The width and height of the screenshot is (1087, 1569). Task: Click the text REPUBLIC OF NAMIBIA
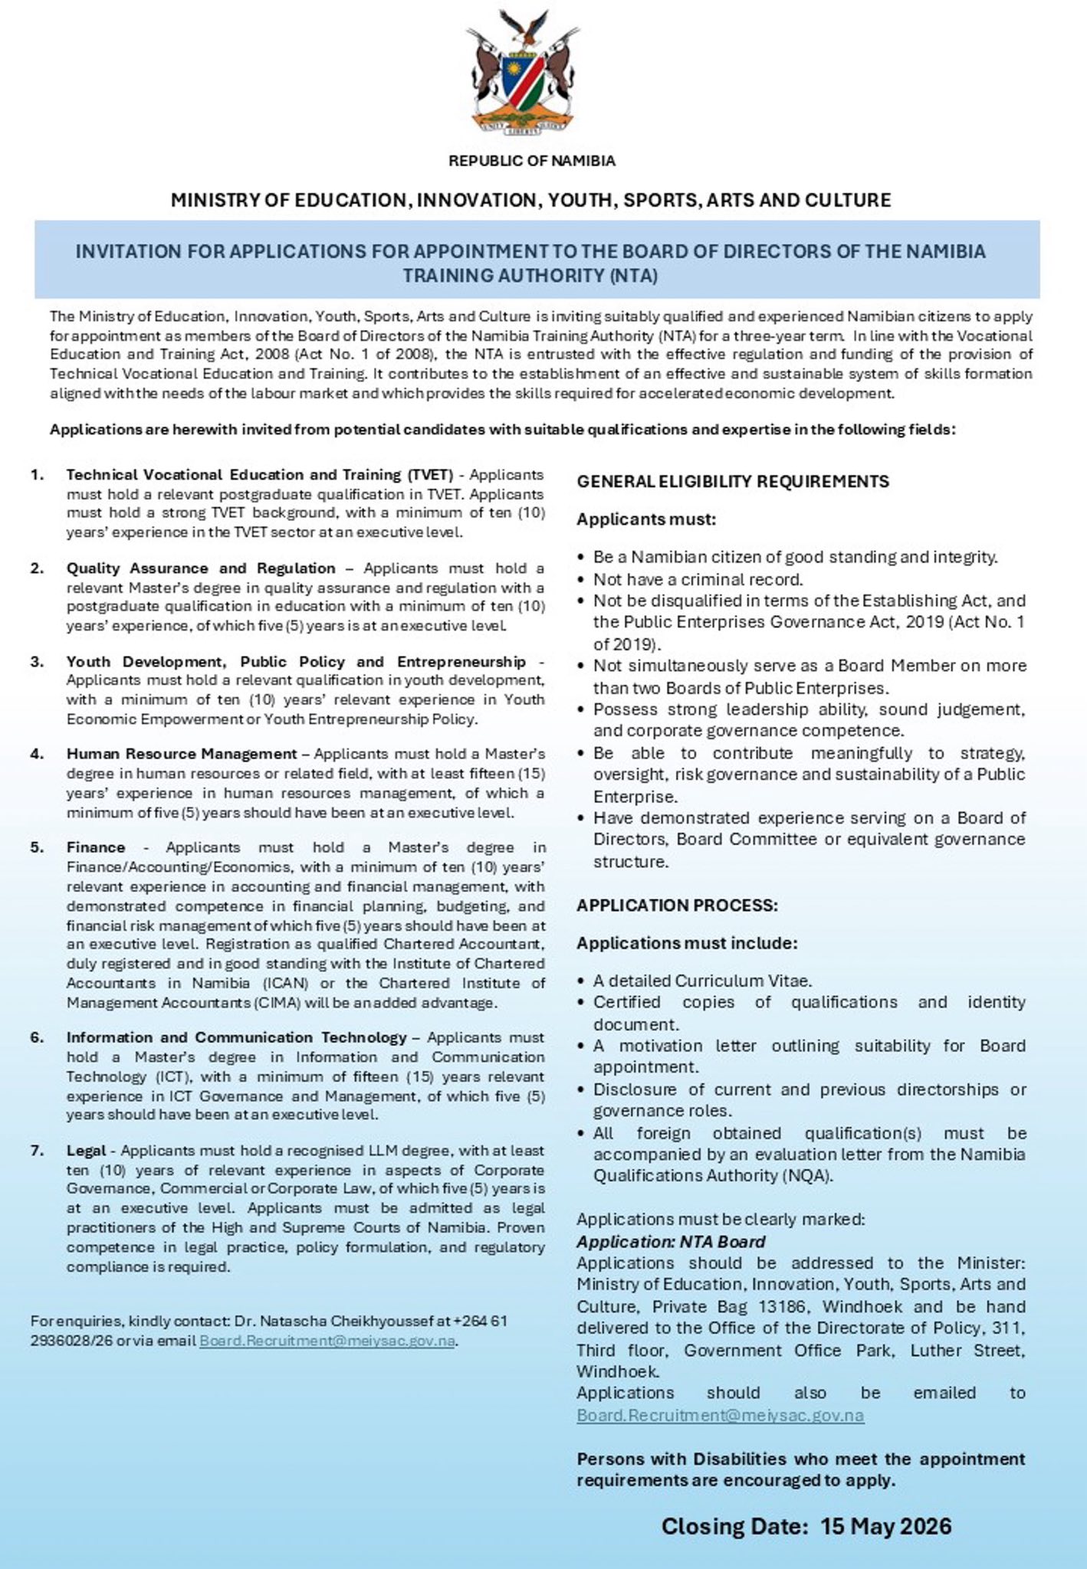(x=531, y=161)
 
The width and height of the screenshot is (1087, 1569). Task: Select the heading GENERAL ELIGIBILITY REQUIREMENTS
(x=733, y=481)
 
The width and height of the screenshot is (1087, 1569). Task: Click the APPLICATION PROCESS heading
(x=677, y=905)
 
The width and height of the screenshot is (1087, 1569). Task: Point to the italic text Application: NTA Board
(x=671, y=1241)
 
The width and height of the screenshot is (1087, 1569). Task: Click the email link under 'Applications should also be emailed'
(x=721, y=1415)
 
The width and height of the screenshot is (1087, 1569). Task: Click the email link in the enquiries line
(x=327, y=1341)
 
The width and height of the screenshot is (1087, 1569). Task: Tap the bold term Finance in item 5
(x=96, y=847)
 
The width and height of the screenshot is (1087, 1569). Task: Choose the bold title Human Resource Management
(x=182, y=754)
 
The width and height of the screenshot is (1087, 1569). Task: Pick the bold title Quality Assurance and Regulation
(x=201, y=568)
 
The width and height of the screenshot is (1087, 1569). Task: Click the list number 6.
(x=37, y=1037)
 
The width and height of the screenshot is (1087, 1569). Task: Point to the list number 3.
(x=37, y=662)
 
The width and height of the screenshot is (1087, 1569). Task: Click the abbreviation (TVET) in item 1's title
(x=430, y=475)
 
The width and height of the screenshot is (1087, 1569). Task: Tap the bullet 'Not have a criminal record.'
(x=698, y=579)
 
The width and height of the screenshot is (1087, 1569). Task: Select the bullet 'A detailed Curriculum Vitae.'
(x=702, y=981)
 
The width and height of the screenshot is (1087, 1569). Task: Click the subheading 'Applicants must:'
(x=646, y=519)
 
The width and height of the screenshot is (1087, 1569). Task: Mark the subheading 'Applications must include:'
(x=687, y=942)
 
